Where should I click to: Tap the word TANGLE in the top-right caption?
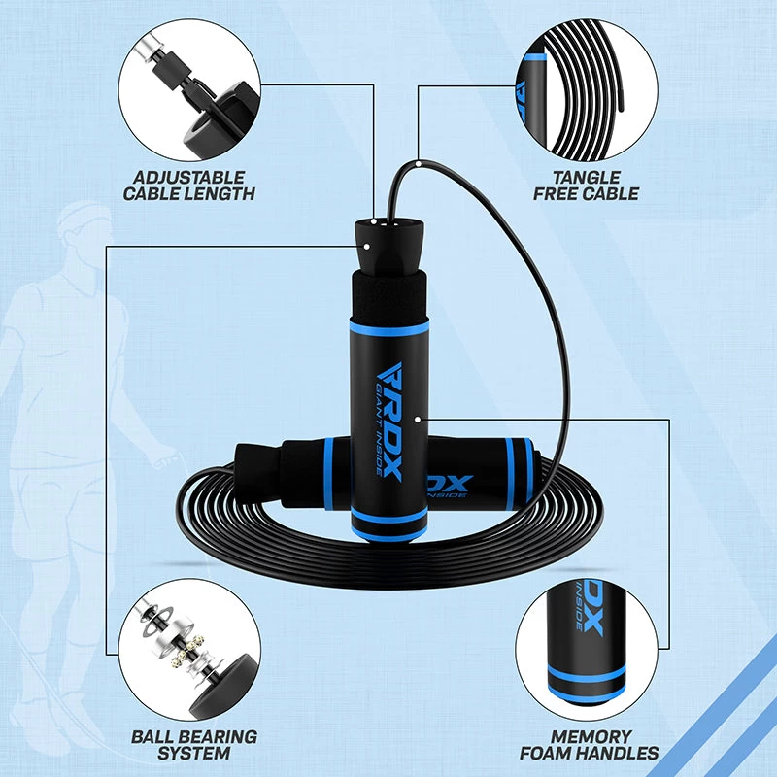click(x=586, y=177)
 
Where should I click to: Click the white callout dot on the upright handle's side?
click(x=417, y=420)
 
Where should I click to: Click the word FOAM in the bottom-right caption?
click(x=547, y=753)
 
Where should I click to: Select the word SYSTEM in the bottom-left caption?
click(x=194, y=753)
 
